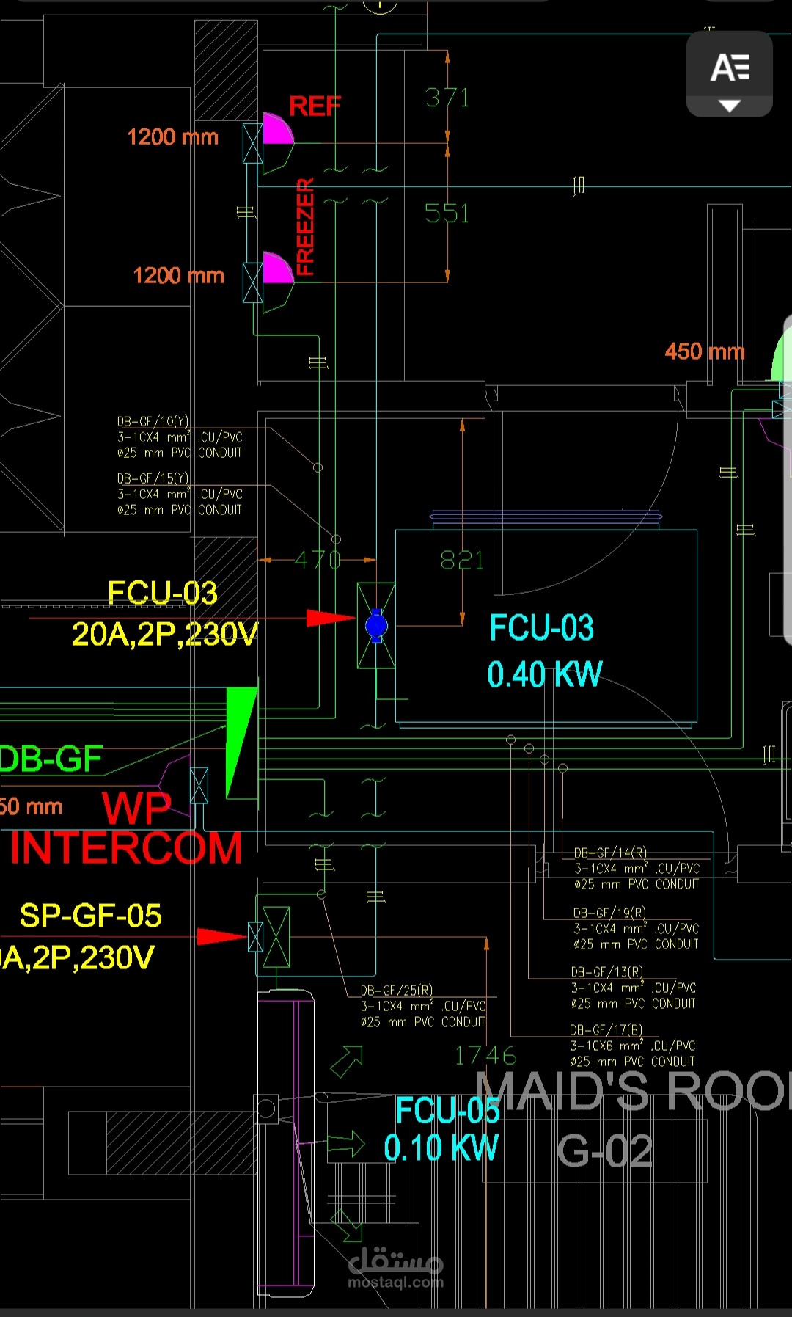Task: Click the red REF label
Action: (315, 106)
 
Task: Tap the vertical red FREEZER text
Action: (305, 227)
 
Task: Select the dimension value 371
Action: (447, 98)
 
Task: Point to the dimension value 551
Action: (447, 214)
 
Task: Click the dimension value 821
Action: (462, 561)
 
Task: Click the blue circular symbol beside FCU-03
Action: (376, 626)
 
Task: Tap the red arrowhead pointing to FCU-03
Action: (329, 618)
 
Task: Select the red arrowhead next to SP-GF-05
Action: (221, 936)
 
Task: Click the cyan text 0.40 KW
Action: (545, 674)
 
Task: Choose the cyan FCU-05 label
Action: (447, 1110)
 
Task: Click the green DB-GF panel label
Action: (51, 759)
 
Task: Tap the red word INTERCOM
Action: (126, 849)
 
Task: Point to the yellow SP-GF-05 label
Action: (91, 916)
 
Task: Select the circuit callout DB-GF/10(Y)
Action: (153, 421)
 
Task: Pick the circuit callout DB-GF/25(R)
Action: (396, 991)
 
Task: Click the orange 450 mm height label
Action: (704, 351)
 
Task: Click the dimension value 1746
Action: (485, 1056)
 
